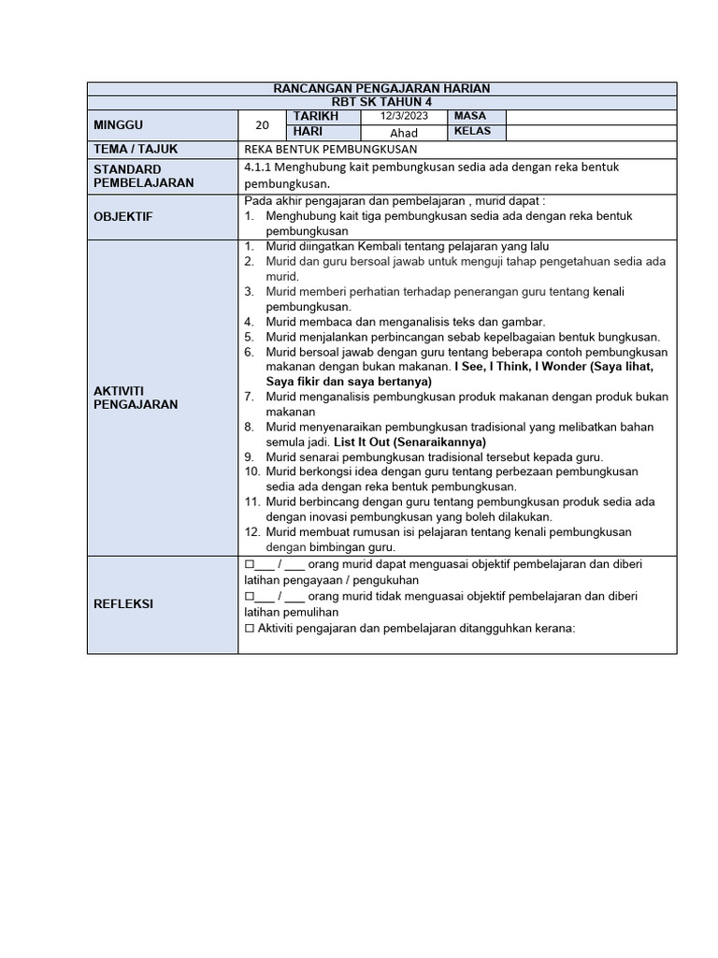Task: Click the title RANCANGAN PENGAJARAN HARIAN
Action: (381, 88)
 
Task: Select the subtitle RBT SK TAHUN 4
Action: (381, 101)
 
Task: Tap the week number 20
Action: (262, 124)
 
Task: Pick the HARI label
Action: (308, 132)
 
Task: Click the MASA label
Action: (472, 116)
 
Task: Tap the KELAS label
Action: (473, 132)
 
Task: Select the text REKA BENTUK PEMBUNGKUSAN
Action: (330, 150)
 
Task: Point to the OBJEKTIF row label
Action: (122, 216)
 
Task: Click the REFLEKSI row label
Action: (122, 604)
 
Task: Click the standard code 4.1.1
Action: (257, 167)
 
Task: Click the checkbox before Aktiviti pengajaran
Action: (250, 629)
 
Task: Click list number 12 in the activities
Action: (251, 531)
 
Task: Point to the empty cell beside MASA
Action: (591, 116)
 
